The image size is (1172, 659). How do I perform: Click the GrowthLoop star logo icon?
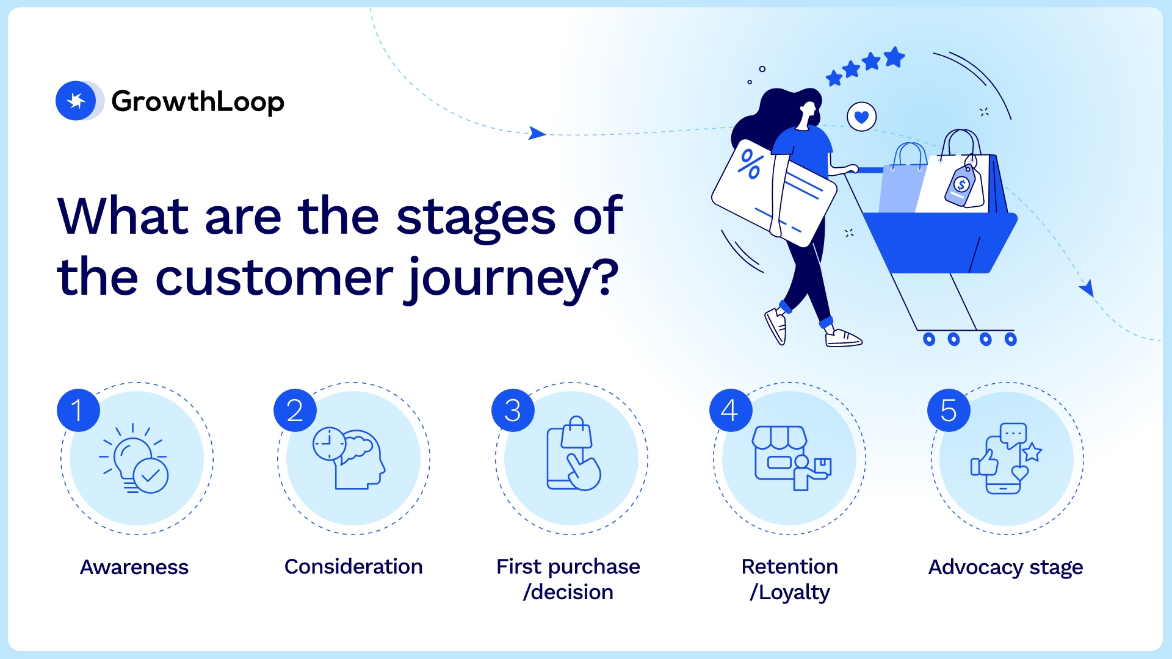76,101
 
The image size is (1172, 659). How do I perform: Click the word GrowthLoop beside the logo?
198,101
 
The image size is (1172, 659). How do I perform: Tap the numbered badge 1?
78,410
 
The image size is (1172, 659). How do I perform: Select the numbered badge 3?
513,410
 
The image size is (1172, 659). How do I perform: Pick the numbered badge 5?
948,410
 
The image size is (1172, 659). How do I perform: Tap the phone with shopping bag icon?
573,455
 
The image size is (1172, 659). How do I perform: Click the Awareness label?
134,567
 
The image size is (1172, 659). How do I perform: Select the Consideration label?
353,566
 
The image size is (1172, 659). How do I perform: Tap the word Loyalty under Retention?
794,592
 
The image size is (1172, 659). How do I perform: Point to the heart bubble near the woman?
861,117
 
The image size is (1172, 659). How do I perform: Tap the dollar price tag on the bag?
962,185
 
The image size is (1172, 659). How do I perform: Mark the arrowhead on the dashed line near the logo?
536,133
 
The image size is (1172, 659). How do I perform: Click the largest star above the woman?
894,57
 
